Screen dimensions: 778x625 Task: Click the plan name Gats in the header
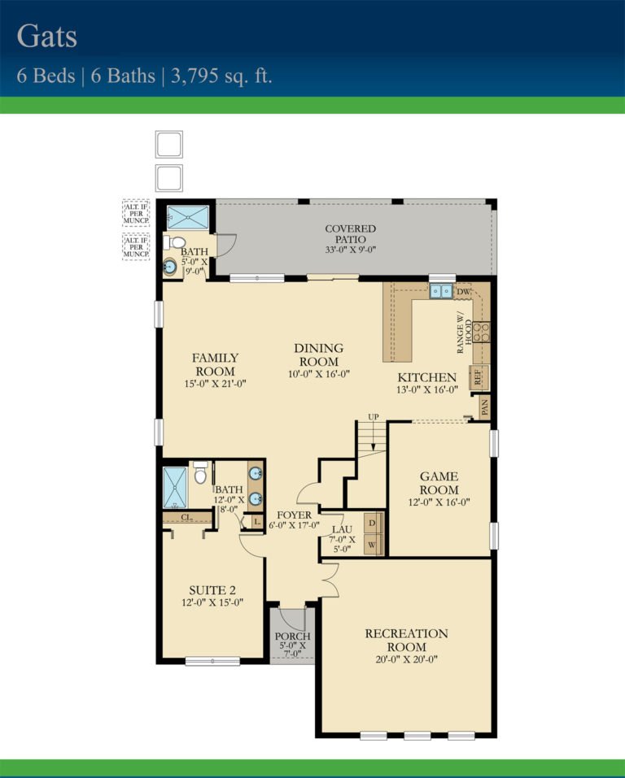(x=48, y=37)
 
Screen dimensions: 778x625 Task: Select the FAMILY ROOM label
(x=215, y=364)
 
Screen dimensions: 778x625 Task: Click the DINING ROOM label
(x=318, y=354)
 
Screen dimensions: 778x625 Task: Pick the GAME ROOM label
(x=439, y=483)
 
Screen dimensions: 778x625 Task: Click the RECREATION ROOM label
(x=406, y=640)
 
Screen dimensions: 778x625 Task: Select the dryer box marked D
(x=372, y=522)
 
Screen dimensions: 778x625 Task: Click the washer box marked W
(x=372, y=544)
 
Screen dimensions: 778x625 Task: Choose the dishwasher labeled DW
(x=463, y=291)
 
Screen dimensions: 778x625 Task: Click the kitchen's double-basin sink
(x=442, y=291)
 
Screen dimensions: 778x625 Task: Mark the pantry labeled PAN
(x=486, y=406)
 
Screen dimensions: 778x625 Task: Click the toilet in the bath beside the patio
(x=177, y=242)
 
